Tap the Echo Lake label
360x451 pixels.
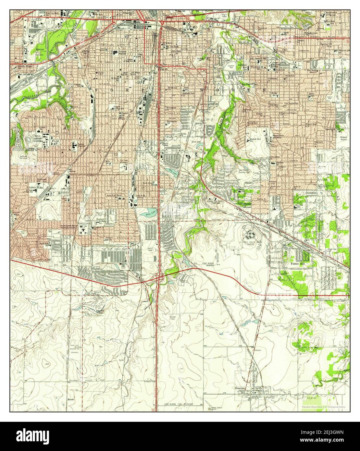pyautogui.click(x=172, y=169)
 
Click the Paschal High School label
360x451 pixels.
pyautogui.click(x=78, y=146)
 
